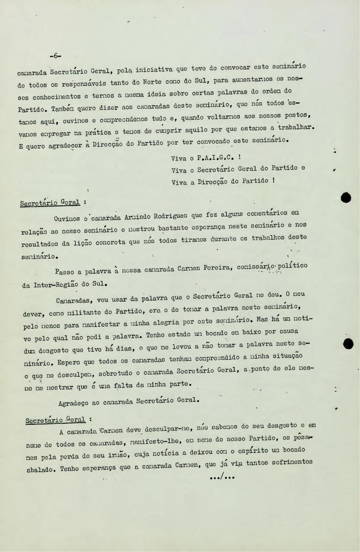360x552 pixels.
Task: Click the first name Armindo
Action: coord(135,218)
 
